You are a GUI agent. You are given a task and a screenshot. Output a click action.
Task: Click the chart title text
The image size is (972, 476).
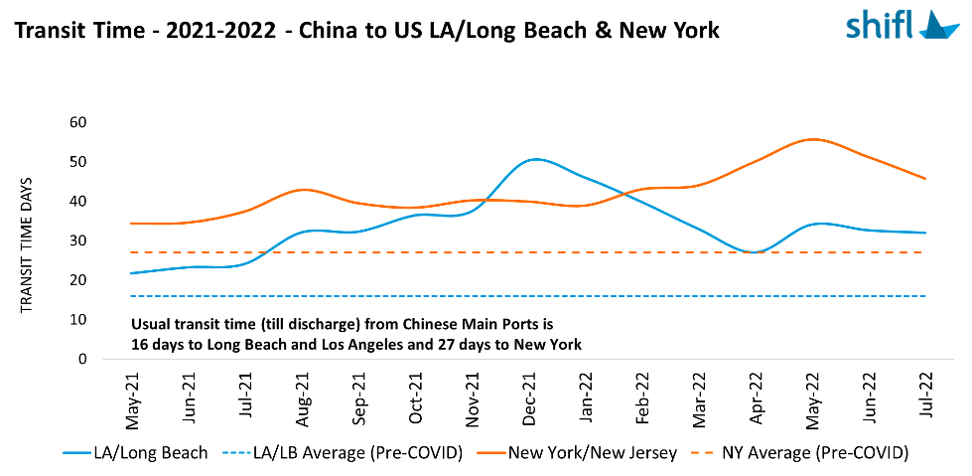366,31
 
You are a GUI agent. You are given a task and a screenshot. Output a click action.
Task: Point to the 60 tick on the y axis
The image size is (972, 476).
77,122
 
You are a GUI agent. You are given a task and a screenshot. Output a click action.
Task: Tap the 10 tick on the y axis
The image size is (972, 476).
77,320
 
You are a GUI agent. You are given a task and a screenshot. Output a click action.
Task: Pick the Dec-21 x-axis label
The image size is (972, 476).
532,398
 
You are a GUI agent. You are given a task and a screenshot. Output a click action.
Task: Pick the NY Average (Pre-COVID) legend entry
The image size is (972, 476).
817,453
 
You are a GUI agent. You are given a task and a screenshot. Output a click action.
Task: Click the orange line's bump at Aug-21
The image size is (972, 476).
304,189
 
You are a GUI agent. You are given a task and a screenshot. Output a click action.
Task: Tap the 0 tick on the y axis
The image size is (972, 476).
82,359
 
